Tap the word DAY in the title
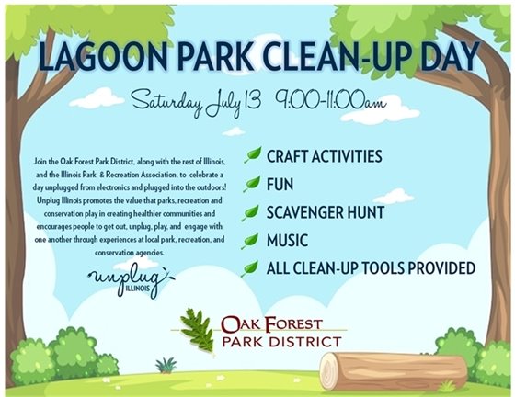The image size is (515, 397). coord(452,57)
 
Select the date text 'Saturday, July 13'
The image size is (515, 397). coord(191,102)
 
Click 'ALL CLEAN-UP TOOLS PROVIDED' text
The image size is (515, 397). coord(371,268)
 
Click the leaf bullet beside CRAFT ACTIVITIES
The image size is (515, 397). coord(252,158)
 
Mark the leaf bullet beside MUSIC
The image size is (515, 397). coord(252,241)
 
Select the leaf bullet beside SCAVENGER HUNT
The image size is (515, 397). coord(252,213)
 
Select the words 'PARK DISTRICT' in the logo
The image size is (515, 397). coord(281,342)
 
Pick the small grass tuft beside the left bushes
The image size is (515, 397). coord(166,365)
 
